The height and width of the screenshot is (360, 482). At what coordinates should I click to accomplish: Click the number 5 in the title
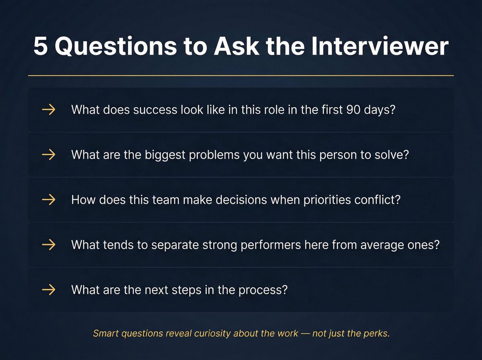pyautogui.click(x=41, y=47)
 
